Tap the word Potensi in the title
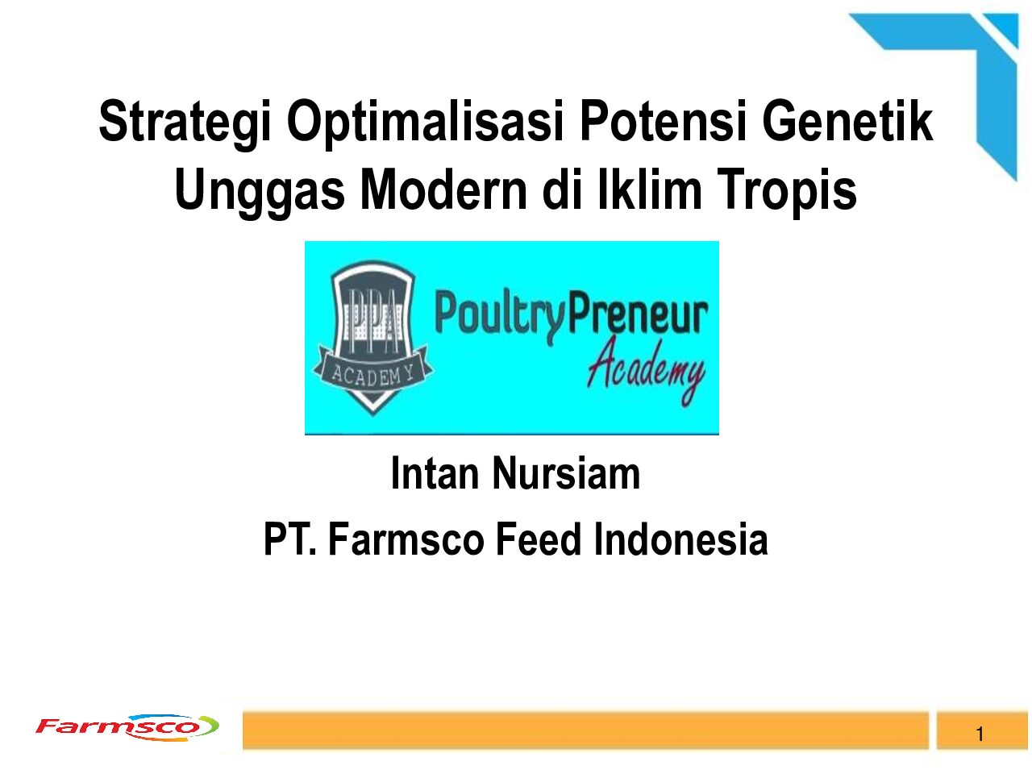(x=664, y=121)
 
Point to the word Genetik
(x=847, y=121)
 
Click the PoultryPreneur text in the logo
(x=572, y=316)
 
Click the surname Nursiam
(x=566, y=474)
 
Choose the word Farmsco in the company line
(x=406, y=539)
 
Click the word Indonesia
(x=680, y=539)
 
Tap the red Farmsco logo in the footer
(x=127, y=727)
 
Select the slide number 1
(x=980, y=734)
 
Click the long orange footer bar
(x=585, y=730)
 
